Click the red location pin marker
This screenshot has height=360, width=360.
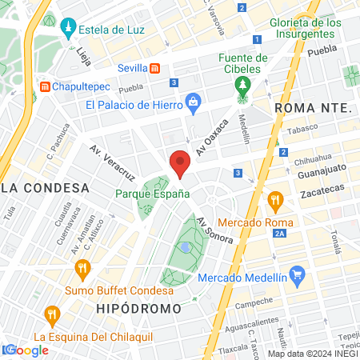[x=180, y=162]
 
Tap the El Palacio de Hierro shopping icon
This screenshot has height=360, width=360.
[x=193, y=102]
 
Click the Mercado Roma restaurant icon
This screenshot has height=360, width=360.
[x=275, y=198]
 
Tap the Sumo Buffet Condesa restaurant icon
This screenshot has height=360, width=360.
[x=81, y=267]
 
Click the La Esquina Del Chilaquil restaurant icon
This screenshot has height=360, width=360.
[x=53, y=314]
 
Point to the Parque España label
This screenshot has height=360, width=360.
[x=152, y=194]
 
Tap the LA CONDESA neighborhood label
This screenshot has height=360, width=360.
[x=45, y=188]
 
